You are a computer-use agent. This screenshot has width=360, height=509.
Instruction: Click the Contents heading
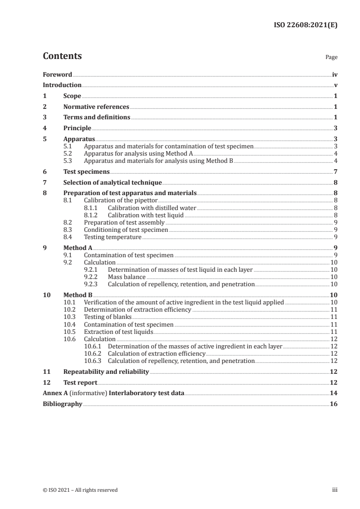pyautogui.click(x=62, y=56)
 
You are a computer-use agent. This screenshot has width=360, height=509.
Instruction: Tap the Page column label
pyautogui.click(x=331, y=58)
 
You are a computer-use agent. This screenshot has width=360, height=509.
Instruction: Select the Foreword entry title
pyautogui.click(x=57, y=74)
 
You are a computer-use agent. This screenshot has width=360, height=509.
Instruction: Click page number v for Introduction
pyautogui.click(x=335, y=85)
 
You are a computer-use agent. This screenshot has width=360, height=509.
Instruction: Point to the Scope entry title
pyautogui.click(x=72, y=96)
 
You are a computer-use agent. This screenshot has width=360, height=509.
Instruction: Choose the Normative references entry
pyautogui.click(x=96, y=107)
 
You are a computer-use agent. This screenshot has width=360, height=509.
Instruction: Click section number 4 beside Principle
pyautogui.click(x=44, y=128)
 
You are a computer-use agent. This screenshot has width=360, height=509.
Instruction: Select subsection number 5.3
pyautogui.click(x=68, y=160)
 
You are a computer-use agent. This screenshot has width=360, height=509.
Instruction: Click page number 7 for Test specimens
pyautogui.click(x=335, y=172)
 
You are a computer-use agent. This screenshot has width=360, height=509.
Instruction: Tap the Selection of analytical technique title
pyautogui.click(x=113, y=183)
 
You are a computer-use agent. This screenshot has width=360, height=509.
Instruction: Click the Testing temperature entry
pyautogui.click(x=113, y=237)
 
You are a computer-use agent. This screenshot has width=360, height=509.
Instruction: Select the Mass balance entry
pyautogui.click(x=127, y=277)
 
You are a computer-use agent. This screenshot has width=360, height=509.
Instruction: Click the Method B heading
pyautogui.click(x=78, y=295)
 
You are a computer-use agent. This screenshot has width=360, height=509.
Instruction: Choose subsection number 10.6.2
pyautogui.click(x=93, y=353)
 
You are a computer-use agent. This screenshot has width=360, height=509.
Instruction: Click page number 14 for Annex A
pyautogui.click(x=334, y=393)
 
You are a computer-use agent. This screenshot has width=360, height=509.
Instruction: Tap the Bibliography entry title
pyautogui.click(x=62, y=404)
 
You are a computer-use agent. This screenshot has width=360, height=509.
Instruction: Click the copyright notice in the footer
pyautogui.click(x=80, y=490)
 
